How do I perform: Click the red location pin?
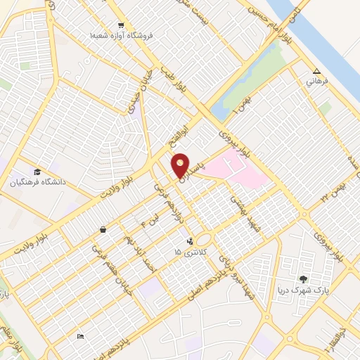181,165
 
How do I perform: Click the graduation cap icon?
37,172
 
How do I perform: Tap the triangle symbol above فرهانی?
316,71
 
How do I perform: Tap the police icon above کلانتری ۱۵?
188,241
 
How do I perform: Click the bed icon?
80,337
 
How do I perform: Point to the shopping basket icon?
103,229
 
